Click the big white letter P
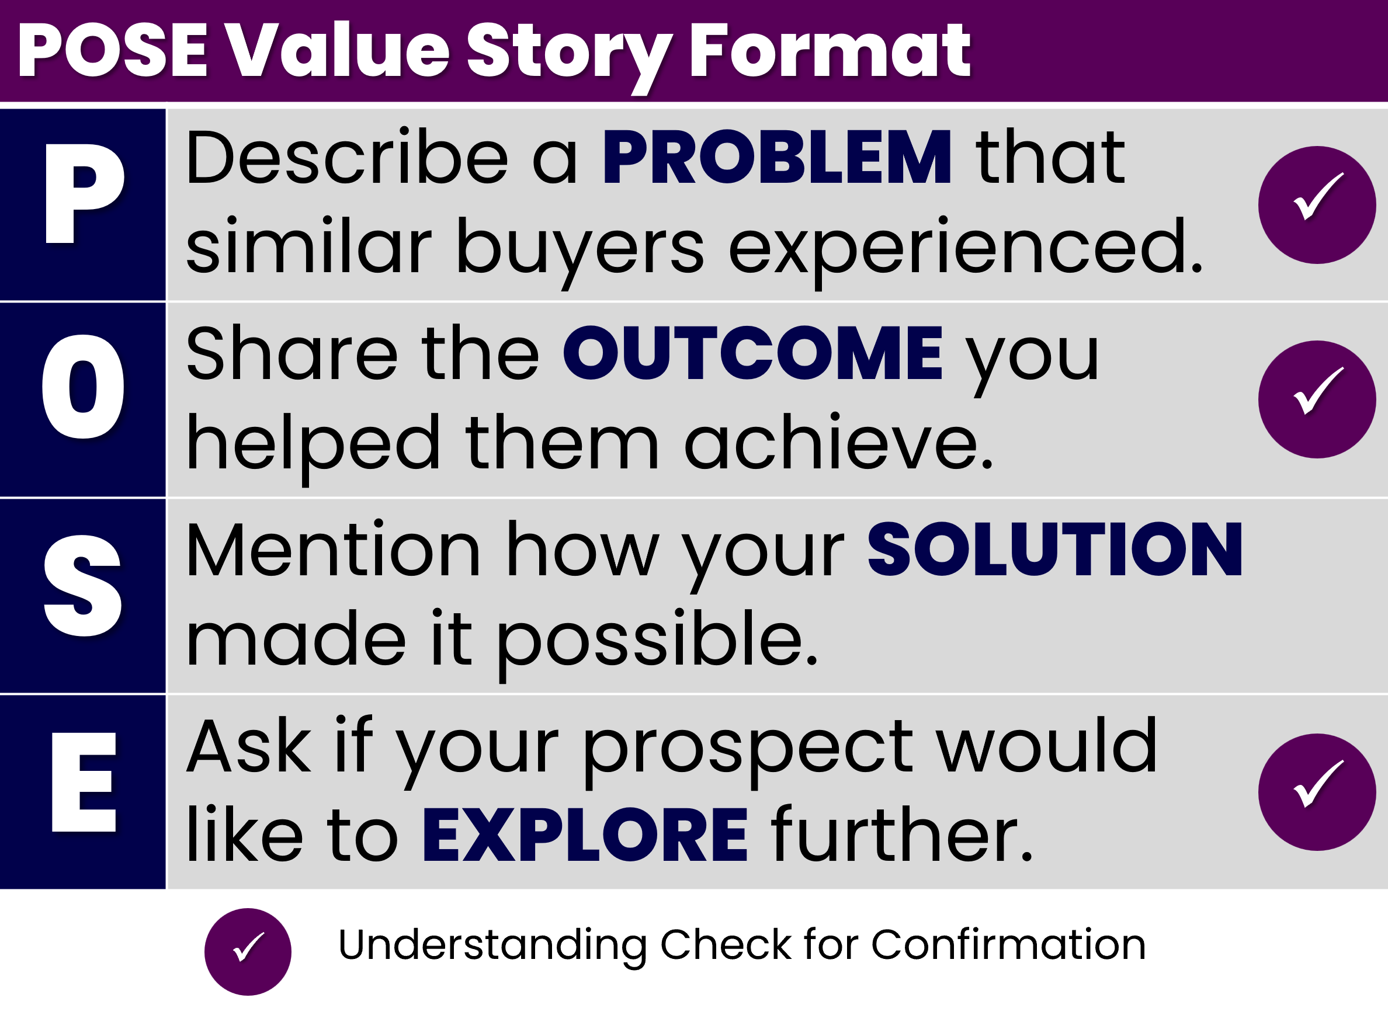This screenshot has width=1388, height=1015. tap(84, 193)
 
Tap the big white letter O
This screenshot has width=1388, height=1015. tap(83, 387)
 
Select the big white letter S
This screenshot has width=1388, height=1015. tap(83, 586)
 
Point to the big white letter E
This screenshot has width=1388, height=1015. tap(84, 781)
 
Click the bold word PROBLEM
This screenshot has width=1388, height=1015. tap(776, 157)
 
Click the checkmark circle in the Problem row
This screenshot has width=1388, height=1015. tap(1317, 205)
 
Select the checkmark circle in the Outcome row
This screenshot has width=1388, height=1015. tap(1317, 399)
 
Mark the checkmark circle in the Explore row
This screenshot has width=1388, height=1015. tap(1317, 792)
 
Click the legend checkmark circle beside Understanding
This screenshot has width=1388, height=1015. tap(248, 952)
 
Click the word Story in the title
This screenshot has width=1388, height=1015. tap(568, 57)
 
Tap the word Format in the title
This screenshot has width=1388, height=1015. tap(830, 50)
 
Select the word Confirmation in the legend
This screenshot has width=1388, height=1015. tap(1008, 944)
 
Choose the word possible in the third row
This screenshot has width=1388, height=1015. tap(657, 642)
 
